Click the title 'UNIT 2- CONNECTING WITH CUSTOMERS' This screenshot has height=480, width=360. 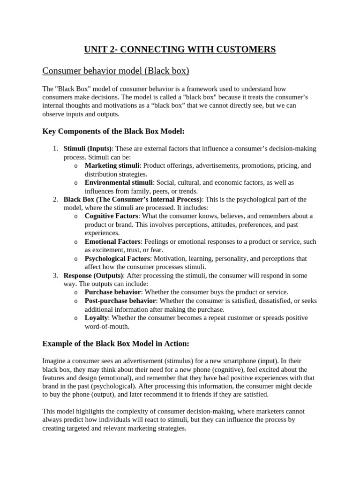coord(180,49)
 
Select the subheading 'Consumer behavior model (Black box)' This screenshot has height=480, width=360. coord(116,71)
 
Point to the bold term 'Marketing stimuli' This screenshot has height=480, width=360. coord(112,165)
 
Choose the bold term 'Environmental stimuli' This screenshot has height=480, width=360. coord(119,182)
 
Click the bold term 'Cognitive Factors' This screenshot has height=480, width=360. coord(112,216)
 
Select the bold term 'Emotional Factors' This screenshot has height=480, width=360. coord(112,241)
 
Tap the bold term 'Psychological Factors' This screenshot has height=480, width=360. coord(118,258)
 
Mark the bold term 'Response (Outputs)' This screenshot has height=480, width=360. coord(93,275)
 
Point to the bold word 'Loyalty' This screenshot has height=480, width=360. coord(96,317)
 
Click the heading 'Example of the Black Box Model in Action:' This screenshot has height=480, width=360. coord(116,344)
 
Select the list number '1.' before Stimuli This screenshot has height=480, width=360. coord(55,149)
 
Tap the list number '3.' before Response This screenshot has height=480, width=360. coord(55,275)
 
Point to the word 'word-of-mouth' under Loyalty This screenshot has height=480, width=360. coord(106,326)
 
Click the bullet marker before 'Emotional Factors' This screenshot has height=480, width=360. coord(76,242)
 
